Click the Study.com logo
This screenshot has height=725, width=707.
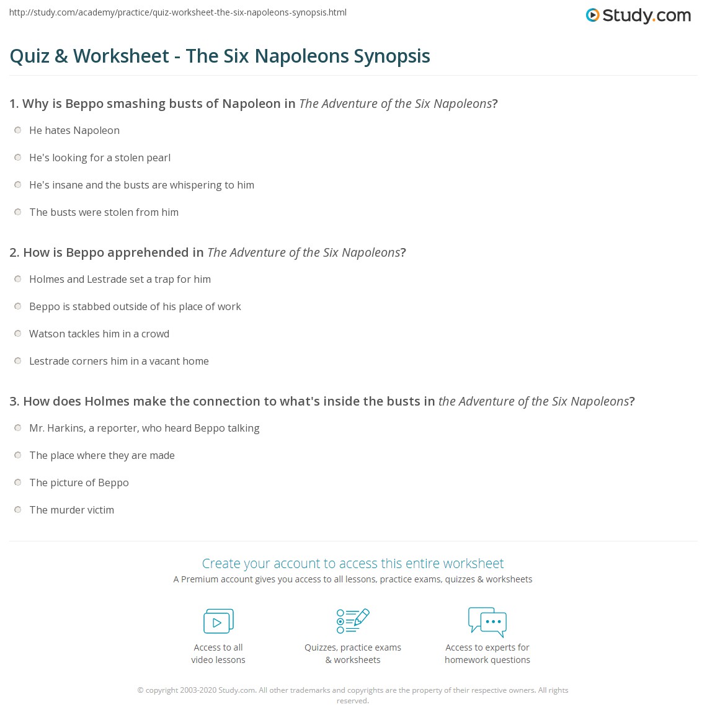638,16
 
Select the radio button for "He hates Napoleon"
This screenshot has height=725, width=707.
18,130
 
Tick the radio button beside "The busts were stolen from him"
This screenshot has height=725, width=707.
18,212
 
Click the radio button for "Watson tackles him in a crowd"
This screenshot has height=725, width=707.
18,334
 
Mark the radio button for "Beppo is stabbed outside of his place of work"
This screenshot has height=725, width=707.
18,306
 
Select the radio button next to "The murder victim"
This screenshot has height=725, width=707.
18,510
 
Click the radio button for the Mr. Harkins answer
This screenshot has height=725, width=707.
18,428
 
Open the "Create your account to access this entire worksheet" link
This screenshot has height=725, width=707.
353,563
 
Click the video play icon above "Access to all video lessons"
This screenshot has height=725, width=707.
218,621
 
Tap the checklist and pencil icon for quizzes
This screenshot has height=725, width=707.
353,621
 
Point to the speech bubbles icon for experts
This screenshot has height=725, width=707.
487,621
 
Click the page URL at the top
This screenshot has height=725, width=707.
178,12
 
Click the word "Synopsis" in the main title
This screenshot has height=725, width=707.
392,56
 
